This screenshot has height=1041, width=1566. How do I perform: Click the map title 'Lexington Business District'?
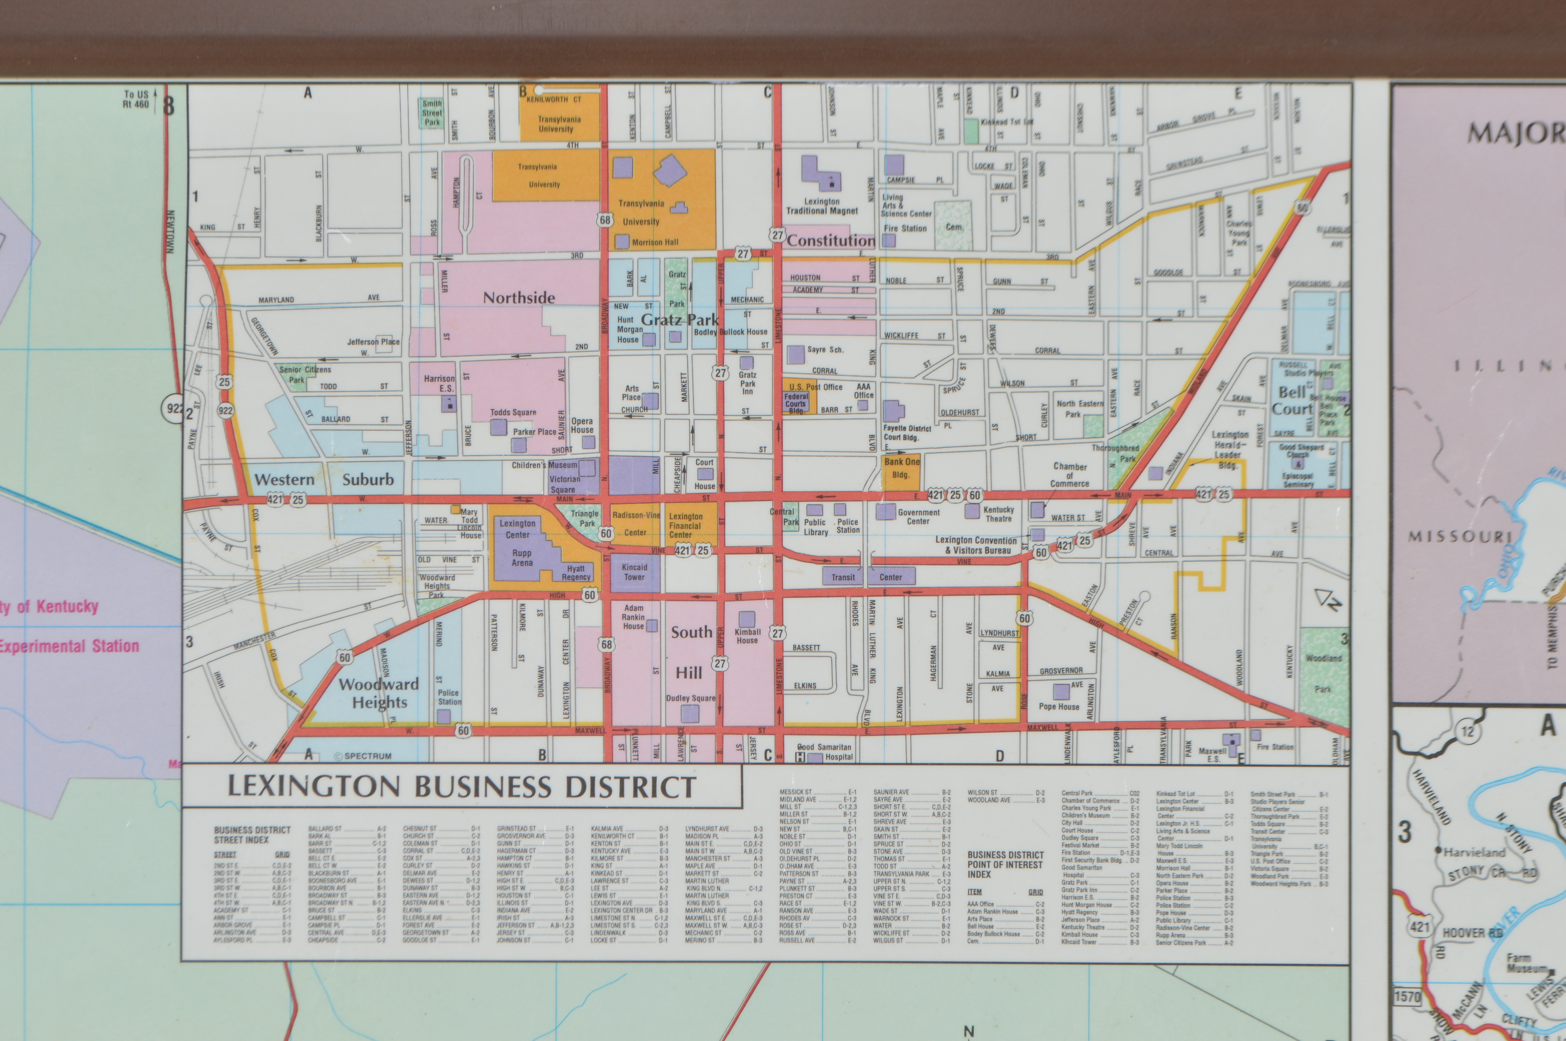point(462,787)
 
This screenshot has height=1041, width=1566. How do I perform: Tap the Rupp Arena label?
point(522,558)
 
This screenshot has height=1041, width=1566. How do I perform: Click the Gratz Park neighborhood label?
point(679,320)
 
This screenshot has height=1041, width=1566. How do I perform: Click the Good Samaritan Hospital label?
point(825,752)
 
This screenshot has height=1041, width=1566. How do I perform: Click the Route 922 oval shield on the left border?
point(173,408)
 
